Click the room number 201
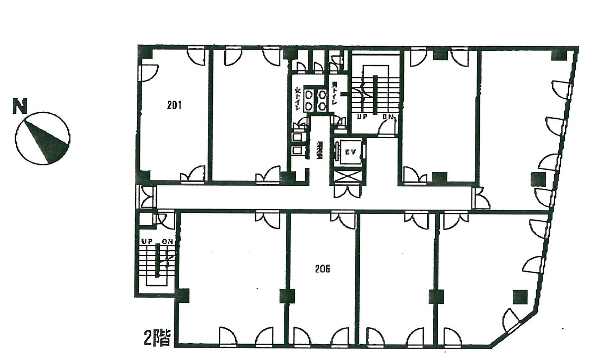(174, 105)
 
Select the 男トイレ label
(335, 94)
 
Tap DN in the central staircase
(388, 118)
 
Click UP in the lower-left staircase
(146, 240)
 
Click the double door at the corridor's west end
(147, 197)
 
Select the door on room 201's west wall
(146, 72)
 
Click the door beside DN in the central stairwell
(386, 129)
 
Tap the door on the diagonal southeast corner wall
(511, 319)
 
